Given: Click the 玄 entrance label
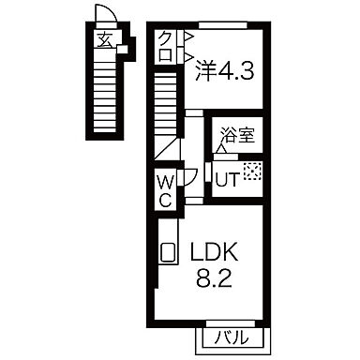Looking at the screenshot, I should (x=104, y=38).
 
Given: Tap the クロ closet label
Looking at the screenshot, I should (x=165, y=47).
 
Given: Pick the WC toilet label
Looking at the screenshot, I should (x=163, y=187).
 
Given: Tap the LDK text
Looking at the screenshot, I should (x=217, y=251).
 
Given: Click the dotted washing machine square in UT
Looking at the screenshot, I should (x=251, y=171).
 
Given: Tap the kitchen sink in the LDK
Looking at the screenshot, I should (x=169, y=252).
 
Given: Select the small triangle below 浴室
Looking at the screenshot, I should (x=222, y=148).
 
